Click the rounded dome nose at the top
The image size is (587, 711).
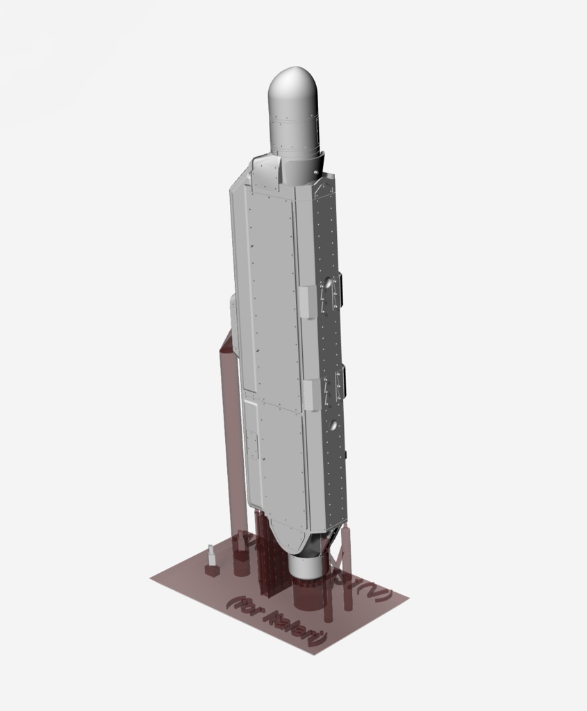click(292, 90)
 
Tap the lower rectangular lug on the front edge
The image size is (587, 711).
click(311, 393)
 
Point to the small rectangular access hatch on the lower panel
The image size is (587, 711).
click(254, 444)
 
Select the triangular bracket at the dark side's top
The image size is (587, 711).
click(322, 187)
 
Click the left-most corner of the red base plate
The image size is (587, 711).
click(151, 577)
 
